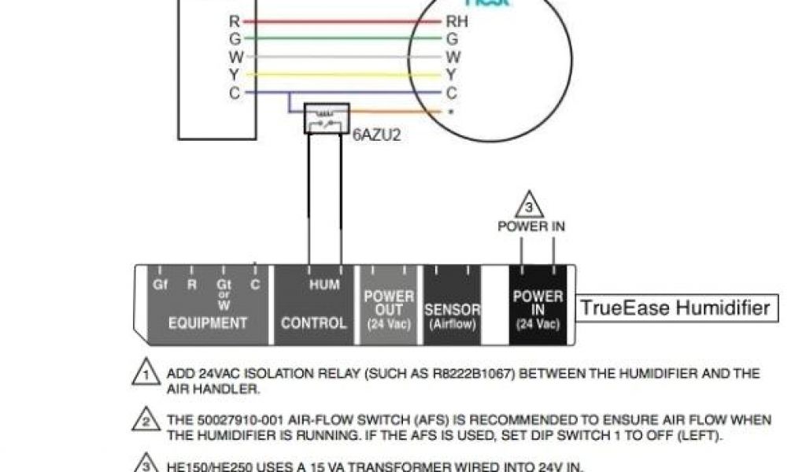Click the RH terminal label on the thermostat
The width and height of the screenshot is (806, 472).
pos(457,22)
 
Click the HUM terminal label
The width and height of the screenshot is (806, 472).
pos(324,285)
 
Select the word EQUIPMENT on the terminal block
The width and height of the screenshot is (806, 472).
pos(208,323)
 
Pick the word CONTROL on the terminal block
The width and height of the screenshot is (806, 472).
pos(313,323)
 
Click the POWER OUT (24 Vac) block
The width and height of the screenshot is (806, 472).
pos(389,309)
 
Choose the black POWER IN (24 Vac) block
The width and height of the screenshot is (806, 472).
pos(538,309)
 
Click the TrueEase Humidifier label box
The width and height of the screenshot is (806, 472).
pos(675,307)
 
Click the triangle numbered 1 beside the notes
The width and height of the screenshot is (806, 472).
pos(143,373)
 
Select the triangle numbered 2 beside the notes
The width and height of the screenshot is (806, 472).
pos(143,420)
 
